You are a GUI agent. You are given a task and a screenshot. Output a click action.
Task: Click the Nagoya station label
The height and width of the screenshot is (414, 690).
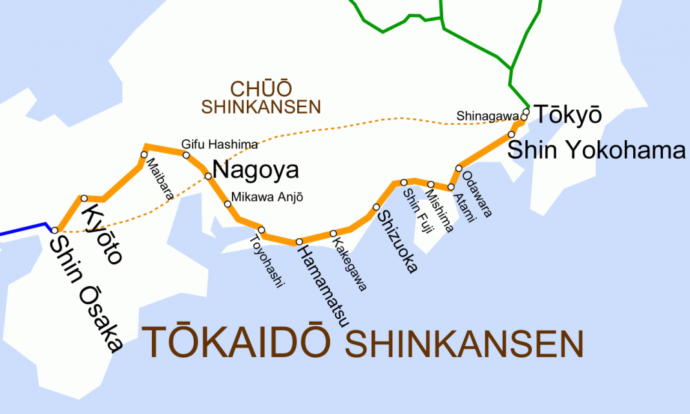tap(255, 170)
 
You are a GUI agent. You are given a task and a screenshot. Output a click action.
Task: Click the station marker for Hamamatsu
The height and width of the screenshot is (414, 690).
tap(299, 242)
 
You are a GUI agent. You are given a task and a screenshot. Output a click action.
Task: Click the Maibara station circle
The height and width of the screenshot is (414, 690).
tap(144, 154)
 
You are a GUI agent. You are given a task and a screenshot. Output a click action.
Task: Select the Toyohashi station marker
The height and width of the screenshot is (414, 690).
tap(262, 230)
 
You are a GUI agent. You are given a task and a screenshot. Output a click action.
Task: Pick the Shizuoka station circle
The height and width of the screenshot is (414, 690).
tap(376, 207)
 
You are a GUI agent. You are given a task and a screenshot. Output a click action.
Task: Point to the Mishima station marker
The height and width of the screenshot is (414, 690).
tap(431, 185)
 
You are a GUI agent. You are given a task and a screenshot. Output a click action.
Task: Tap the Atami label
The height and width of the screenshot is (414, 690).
tap(465, 207)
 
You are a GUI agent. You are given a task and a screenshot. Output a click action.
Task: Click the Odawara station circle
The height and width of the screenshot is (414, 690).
tap(459, 168)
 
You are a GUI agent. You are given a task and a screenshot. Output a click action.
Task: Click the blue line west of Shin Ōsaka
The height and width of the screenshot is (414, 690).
tap(23, 229)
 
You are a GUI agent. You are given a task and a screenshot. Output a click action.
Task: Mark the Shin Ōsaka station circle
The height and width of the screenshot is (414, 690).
tap(56, 230)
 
